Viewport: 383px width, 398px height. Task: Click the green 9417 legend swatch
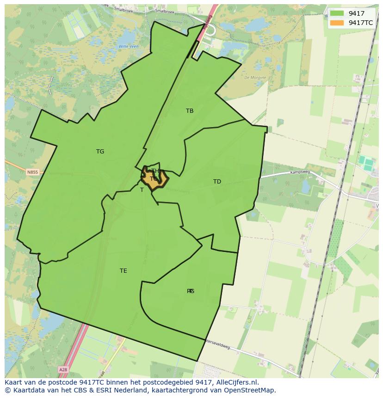[x=337, y=13]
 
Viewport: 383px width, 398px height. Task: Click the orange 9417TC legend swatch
[x=337, y=23]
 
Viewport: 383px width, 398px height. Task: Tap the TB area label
[x=190, y=111]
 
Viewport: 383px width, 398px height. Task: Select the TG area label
[x=100, y=152]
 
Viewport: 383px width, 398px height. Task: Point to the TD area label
[x=217, y=182]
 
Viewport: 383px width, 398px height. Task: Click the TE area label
[x=123, y=271]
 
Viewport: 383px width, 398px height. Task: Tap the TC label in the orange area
[x=154, y=179]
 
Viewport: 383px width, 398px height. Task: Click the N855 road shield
[x=32, y=172]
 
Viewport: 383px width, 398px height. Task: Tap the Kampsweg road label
[x=298, y=172]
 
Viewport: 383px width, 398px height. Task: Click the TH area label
[x=155, y=171]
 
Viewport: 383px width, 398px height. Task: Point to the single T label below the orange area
[x=142, y=190]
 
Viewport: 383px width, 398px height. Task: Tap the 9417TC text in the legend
[x=361, y=23]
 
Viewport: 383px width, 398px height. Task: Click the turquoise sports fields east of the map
[x=367, y=163]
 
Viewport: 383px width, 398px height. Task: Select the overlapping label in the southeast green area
[x=191, y=291]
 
